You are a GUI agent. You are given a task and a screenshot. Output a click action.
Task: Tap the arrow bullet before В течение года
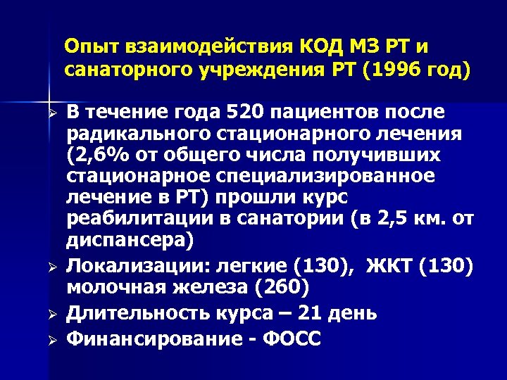pos(51,113)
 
